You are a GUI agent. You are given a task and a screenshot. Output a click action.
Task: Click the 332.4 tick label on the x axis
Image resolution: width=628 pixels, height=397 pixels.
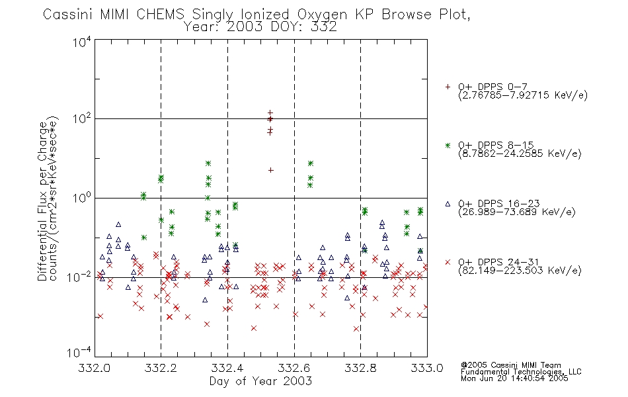click(x=228, y=368)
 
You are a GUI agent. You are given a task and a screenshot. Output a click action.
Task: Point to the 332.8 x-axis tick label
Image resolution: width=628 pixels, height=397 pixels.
click(x=361, y=368)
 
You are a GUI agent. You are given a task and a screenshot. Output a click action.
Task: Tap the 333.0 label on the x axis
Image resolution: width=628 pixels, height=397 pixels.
click(x=427, y=368)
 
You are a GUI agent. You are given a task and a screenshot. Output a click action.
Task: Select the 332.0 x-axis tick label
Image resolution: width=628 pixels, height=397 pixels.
click(x=95, y=368)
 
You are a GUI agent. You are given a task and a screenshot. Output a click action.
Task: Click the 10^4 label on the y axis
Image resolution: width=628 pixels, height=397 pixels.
click(x=82, y=42)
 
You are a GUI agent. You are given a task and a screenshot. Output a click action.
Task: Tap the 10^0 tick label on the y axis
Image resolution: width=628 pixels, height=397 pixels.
click(x=82, y=197)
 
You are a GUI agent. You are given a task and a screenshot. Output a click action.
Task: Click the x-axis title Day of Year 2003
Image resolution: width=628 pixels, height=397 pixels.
click(x=260, y=381)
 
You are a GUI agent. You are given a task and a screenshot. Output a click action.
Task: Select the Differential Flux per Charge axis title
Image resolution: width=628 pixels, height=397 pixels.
click(x=42, y=201)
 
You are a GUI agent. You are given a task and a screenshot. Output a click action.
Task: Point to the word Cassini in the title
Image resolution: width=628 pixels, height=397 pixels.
click(x=68, y=15)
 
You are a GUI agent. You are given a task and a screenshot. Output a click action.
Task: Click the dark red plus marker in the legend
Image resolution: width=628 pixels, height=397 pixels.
click(x=448, y=87)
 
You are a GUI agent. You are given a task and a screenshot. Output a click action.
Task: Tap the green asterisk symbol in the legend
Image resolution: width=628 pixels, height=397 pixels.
click(x=448, y=145)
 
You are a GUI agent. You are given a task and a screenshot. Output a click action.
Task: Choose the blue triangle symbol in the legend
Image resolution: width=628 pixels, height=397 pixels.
click(x=448, y=204)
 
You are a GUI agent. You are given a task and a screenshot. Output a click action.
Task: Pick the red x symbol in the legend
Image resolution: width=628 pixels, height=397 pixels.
click(x=448, y=262)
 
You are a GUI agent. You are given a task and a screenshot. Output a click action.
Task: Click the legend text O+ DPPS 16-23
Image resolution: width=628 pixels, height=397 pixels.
click(x=499, y=203)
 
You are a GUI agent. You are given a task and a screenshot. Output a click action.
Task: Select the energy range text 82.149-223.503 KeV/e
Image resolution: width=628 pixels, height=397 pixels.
click(x=520, y=271)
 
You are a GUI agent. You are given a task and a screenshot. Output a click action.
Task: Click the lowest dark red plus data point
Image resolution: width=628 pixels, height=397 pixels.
click(x=271, y=171)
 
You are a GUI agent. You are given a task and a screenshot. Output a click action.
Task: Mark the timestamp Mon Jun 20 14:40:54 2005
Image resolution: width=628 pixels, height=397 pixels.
click(x=514, y=378)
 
